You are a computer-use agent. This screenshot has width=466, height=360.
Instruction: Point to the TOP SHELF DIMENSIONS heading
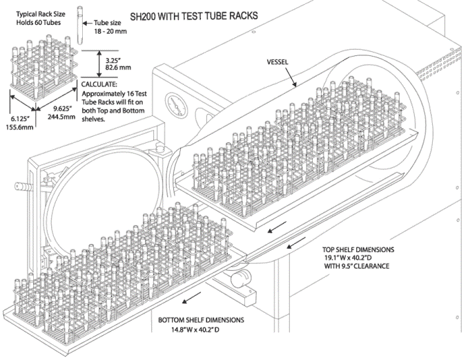tap(368, 251)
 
